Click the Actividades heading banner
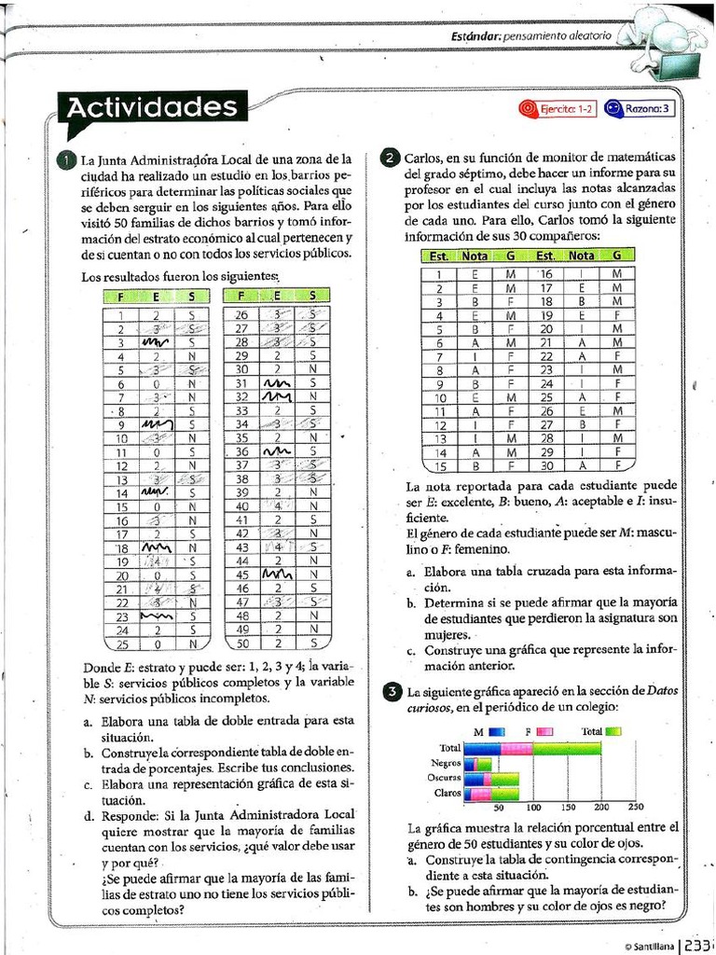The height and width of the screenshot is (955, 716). point(152,108)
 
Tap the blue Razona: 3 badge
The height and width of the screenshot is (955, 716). point(641,109)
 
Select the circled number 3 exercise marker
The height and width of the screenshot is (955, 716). point(392,691)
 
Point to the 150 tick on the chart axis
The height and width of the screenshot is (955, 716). point(567,808)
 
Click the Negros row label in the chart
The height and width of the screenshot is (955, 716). point(446,763)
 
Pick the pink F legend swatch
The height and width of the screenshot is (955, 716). point(544,732)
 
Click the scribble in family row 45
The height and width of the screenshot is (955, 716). point(277,574)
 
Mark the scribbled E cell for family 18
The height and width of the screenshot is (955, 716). point(156,548)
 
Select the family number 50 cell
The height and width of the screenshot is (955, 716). point(241,643)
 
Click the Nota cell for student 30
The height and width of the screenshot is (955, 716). point(581,465)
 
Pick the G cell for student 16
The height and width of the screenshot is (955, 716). point(616,273)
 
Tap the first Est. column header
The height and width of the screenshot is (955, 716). point(439,256)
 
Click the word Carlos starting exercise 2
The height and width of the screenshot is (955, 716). point(422,158)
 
